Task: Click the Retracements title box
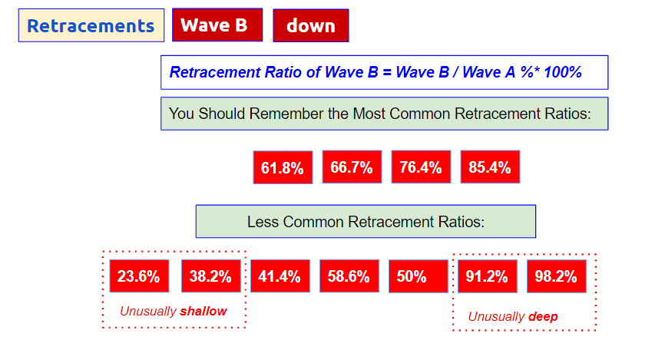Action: (x=91, y=25)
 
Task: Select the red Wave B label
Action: (x=217, y=25)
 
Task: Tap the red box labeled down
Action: (x=311, y=25)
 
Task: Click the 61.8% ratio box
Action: (x=283, y=167)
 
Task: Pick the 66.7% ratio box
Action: (x=352, y=167)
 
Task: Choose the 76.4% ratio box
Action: (x=421, y=167)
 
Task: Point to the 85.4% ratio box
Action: (x=490, y=167)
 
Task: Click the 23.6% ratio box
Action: (x=139, y=276)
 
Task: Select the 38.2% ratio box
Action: (x=211, y=276)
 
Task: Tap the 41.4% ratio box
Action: (x=280, y=276)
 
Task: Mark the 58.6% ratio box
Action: (x=349, y=276)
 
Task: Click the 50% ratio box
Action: (x=419, y=276)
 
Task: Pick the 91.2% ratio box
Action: (x=488, y=276)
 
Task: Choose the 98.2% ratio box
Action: (x=557, y=276)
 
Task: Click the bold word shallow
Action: (x=203, y=311)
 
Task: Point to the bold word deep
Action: (x=543, y=317)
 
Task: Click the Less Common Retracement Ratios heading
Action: (x=366, y=221)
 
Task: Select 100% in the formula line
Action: (x=563, y=72)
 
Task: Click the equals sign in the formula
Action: (x=387, y=72)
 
